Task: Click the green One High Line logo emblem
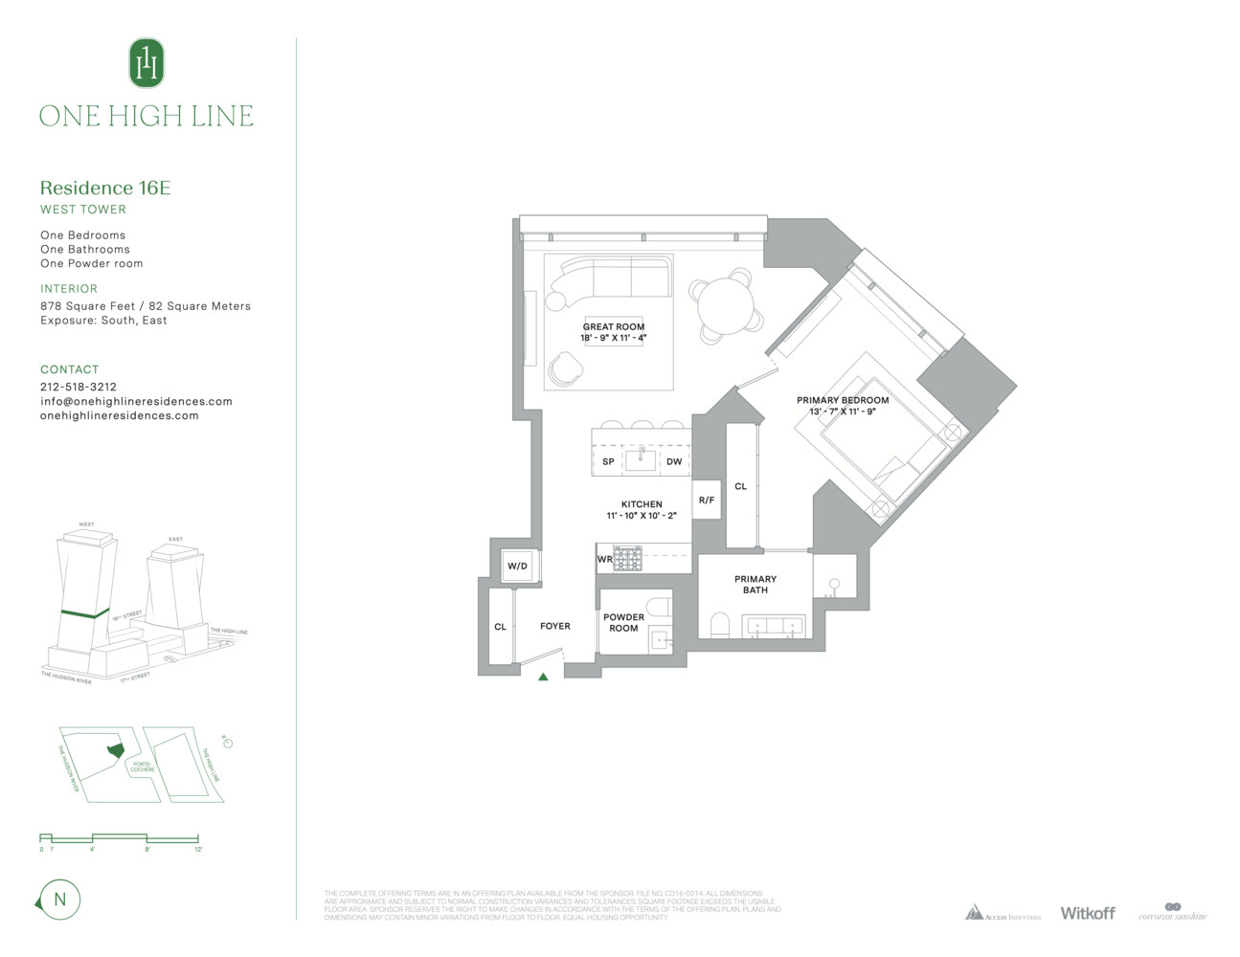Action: click(147, 63)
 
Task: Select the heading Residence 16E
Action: click(105, 188)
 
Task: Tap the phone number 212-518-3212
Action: click(79, 387)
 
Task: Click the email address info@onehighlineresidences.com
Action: click(136, 401)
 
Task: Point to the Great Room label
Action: click(614, 326)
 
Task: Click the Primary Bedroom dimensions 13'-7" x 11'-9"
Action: click(843, 412)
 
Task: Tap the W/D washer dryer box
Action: click(517, 566)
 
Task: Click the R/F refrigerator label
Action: click(707, 500)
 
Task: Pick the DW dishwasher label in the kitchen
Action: click(674, 461)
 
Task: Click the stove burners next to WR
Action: click(627, 559)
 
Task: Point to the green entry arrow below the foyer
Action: click(543, 677)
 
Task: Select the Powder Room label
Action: click(623, 623)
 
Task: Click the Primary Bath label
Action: click(755, 585)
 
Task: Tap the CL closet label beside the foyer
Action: click(500, 627)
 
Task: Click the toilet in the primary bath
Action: click(721, 626)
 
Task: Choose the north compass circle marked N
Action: click(60, 900)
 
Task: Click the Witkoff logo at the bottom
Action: click(1087, 913)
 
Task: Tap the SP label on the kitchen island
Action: click(608, 461)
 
